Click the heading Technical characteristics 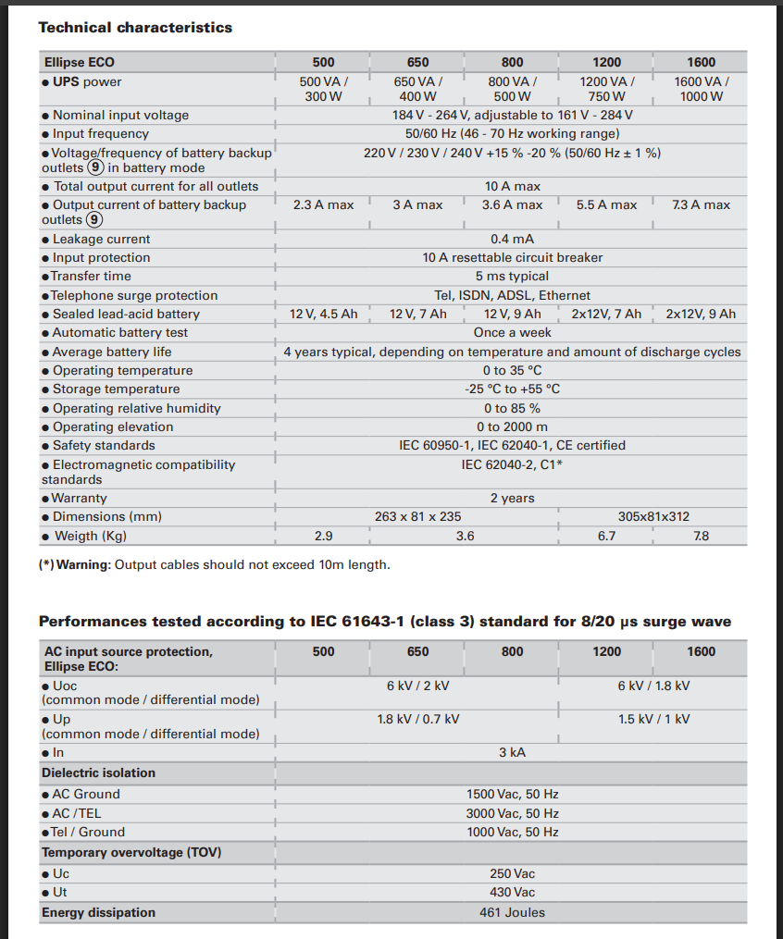coord(135,28)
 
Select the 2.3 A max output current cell coord(323,204)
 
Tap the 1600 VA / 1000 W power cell coord(701,89)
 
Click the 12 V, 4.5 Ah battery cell coord(323,314)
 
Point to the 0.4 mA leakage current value coord(512,239)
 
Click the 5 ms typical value coord(512,276)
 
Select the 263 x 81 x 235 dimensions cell coord(417,516)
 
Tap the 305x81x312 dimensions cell coord(653,516)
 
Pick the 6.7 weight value coord(606,536)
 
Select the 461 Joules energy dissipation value coord(512,912)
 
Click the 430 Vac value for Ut coord(512,892)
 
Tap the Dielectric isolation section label coord(98,772)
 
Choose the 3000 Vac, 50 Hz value coord(512,813)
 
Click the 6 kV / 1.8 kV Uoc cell coord(653,686)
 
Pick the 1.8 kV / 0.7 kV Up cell coord(417,719)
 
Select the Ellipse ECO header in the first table coord(80,62)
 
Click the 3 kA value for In coord(512,752)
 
